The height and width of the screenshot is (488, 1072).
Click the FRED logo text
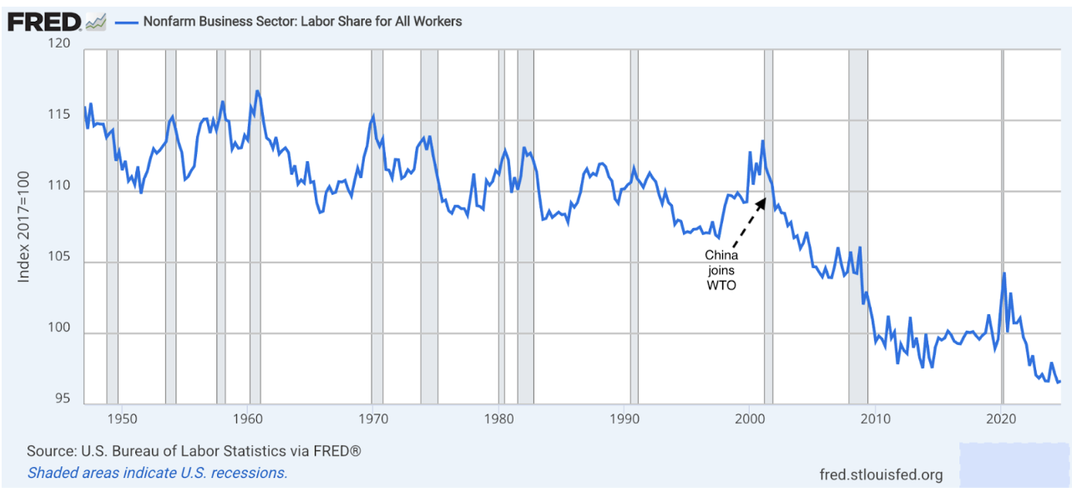click(44, 22)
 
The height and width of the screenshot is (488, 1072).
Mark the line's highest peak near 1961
click(257, 90)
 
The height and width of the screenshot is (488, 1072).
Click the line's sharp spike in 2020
click(1004, 273)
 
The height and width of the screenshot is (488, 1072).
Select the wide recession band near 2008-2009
click(858, 226)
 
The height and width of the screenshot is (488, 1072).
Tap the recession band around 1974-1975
click(429, 226)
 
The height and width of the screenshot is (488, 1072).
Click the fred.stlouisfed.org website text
click(882, 475)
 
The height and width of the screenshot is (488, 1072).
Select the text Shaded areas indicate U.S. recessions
click(157, 472)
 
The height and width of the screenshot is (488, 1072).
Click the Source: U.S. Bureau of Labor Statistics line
click(194, 451)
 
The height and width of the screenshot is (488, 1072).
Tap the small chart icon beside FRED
click(96, 22)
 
